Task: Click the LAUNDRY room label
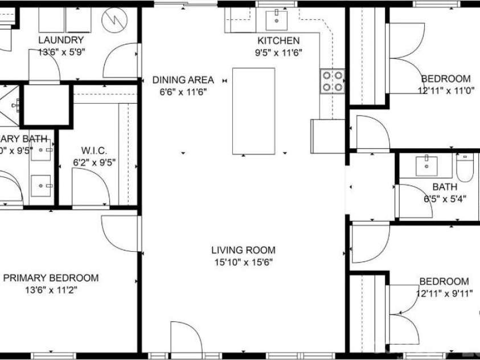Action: tap(61, 40)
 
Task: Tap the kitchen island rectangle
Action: tap(253, 111)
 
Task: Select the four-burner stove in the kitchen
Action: tap(331, 80)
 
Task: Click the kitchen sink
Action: tap(277, 20)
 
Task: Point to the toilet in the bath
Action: tap(465, 167)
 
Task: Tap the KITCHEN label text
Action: tap(278, 40)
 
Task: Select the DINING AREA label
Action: tap(183, 80)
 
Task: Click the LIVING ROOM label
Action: tap(243, 249)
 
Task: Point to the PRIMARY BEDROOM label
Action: tap(51, 278)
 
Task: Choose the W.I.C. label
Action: tap(94, 151)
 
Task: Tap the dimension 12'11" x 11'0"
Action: tap(446, 90)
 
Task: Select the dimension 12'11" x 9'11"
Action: tap(444, 293)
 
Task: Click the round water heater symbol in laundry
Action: tap(114, 22)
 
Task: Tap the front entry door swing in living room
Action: tap(185, 337)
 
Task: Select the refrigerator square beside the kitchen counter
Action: tap(327, 136)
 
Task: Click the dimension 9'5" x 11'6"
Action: tap(278, 52)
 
